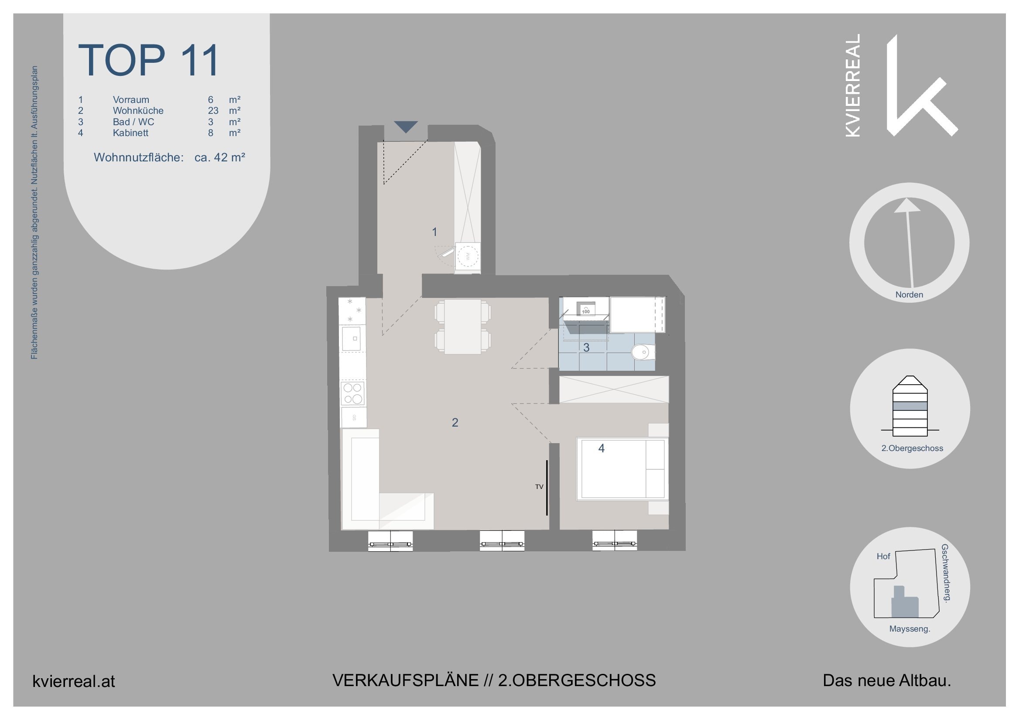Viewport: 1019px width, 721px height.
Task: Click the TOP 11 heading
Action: pyautogui.click(x=148, y=60)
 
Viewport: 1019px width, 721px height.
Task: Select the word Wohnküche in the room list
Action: pyautogui.click(x=138, y=110)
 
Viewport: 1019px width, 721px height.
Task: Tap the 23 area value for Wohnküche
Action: pyautogui.click(x=213, y=110)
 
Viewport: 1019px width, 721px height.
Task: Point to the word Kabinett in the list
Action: pyautogui.click(x=130, y=133)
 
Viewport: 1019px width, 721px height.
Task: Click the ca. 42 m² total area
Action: pyautogui.click(x=220, y=157)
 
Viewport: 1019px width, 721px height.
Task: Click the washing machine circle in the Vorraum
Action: pyautogui.click(x=468, y=256)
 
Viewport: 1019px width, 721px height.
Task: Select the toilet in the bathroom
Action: pyautogui.click(x=643, y=352)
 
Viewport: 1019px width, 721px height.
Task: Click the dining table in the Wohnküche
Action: pyautogui.click(x=463, y=327)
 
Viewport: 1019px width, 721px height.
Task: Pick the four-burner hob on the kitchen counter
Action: pyautogui.click(x=353, y=393)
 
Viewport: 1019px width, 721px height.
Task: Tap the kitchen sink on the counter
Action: pyautogui.click(x=351, y=338)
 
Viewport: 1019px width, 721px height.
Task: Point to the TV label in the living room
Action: pyautogui.click(x=539, y=487)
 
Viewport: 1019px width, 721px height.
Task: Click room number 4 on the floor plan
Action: pyautogui.click(x=601, y=448)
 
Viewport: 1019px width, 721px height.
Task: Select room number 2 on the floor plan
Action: pyautogui.click(x=455, y=423)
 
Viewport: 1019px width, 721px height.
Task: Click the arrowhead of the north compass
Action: pyautogui.click(x=906, y=205)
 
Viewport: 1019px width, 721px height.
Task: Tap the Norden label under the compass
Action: pyautogui.click(x=909, y=294)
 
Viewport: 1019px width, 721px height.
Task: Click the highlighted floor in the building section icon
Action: pyautogui.click(x=910, y=406)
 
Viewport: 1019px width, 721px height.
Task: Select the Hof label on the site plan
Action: pyautogui.click(x=883, y=556)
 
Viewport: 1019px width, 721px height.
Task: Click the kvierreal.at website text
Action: pyautogui.click(x=74, y=681)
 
